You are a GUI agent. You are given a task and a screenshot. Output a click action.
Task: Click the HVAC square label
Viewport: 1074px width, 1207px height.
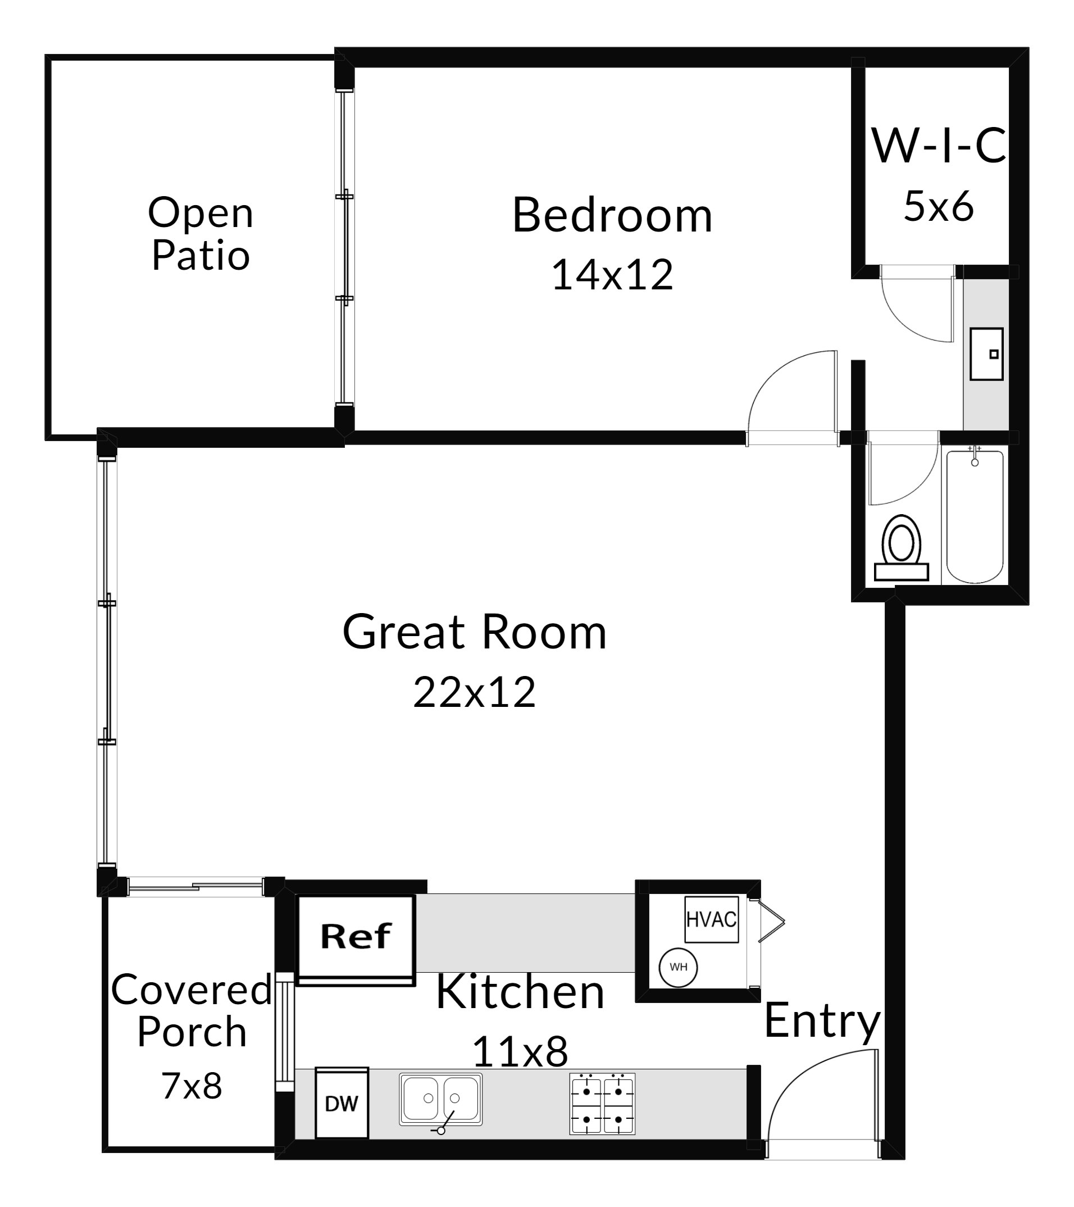pos(712,919)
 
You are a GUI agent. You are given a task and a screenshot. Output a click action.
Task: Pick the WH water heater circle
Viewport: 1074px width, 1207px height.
pos(679,967)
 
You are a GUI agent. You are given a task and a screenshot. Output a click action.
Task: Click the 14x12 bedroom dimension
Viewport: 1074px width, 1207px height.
pos(612,275)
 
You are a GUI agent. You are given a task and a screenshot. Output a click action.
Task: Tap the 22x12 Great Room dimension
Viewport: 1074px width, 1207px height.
pos(474,692)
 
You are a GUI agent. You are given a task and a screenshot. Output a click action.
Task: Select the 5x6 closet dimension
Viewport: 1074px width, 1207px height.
pos(938,207)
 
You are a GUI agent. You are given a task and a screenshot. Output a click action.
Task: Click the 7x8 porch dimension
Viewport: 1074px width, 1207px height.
pos(192,1086)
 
